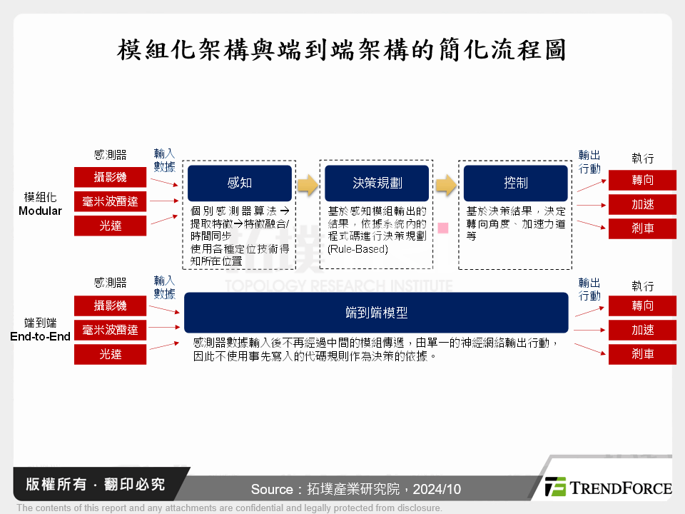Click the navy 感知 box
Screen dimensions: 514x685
pos(240,183)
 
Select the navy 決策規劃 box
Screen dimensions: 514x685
pos(377,183)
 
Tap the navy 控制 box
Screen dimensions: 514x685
pos(515,183)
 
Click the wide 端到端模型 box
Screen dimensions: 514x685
pos(376,313)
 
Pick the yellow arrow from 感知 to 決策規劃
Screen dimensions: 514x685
pos(308,185)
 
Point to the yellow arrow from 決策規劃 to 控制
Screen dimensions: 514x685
pos(446,185)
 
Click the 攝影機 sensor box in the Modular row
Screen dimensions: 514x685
pos(110,177)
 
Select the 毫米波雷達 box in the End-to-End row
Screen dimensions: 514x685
pos(110,330)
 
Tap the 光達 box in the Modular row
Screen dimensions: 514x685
pos(110,226)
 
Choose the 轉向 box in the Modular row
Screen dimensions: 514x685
pos(642,180)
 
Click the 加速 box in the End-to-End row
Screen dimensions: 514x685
pos(642,330)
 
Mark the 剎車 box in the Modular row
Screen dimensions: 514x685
pos(642,228)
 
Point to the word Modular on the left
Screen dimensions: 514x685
pos(40,211)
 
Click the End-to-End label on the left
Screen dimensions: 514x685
pos(40,336)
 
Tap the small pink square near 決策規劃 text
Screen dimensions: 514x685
pos(443,228)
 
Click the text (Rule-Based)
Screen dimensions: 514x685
pos(357,249)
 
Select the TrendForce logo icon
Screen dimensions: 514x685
pos(555,487)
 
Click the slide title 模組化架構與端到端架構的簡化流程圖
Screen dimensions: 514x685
pos(342,51)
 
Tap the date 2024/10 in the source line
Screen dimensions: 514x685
pos(437,490)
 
